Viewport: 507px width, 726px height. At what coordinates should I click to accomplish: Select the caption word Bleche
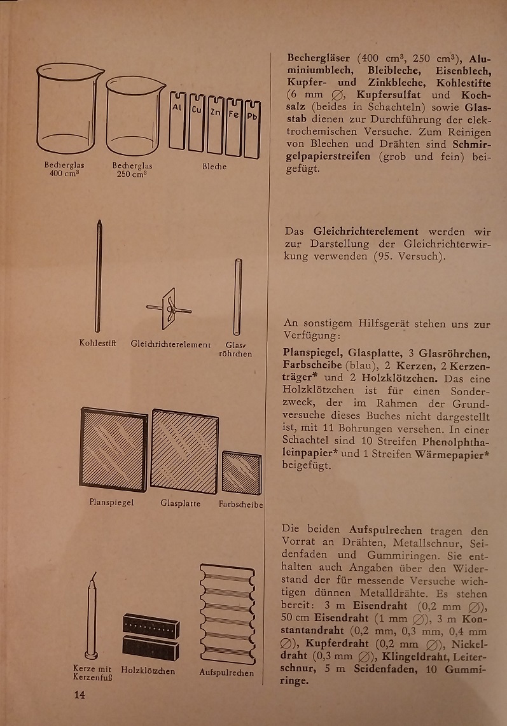point(215,167)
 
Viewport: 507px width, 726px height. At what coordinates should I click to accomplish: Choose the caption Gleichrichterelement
point(170,344)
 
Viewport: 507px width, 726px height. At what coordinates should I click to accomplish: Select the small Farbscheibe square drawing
point(242,473)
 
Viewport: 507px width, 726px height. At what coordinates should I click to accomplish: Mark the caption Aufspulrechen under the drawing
point(226,673)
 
